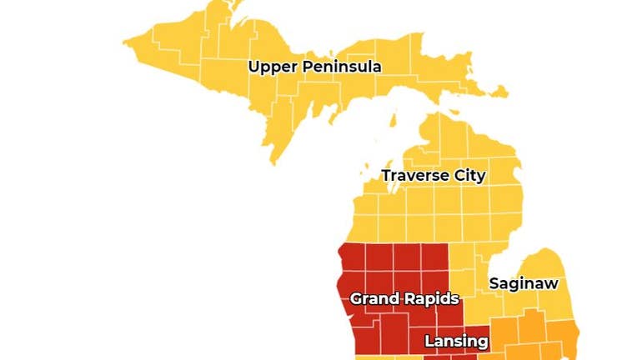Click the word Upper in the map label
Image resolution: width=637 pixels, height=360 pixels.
(x=269, y=67)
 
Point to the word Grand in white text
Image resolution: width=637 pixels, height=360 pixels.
(x=372, y=298)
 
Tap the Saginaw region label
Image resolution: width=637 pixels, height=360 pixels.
(x=523, y=283)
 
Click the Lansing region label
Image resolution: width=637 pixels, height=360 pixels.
(x=456, y=341)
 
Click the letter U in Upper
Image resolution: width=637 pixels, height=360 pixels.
(x=253, y=66)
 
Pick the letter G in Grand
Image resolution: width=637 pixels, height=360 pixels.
(x=356, y=298)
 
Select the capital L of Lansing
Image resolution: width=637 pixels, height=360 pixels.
(x=429, y=341)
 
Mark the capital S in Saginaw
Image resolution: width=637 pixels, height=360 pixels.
(x=494, y=283)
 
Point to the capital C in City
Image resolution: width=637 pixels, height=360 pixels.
(x=454, y=176)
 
